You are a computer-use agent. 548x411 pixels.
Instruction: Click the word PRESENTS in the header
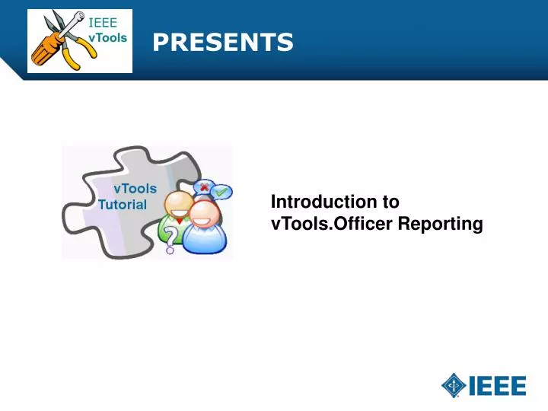pyautogui.click(x=222, y=43)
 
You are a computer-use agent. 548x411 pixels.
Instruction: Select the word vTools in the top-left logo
pyautogui.click(x=107, y=37)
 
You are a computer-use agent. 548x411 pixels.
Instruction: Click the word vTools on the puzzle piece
pyautogui.click(x=135, y=188)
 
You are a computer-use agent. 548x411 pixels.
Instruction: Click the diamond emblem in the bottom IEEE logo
pyautogui.click(x=454, y=385)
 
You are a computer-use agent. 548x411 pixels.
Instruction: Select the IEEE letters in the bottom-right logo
pyautogui.click(x=497, y=386)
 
